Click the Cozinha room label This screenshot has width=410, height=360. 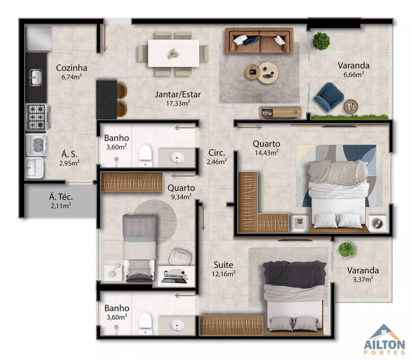click(x=71, y=68)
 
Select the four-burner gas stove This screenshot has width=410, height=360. click(x=37, y=116)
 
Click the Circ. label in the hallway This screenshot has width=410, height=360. click(x=216, y=153)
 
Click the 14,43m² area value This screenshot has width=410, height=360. click(x=266, y=153)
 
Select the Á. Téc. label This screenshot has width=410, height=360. click(x=61, y=197)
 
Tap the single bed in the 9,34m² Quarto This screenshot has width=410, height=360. click(x=139, y=248)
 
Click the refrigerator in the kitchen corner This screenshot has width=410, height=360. click(x=38, y=37)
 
